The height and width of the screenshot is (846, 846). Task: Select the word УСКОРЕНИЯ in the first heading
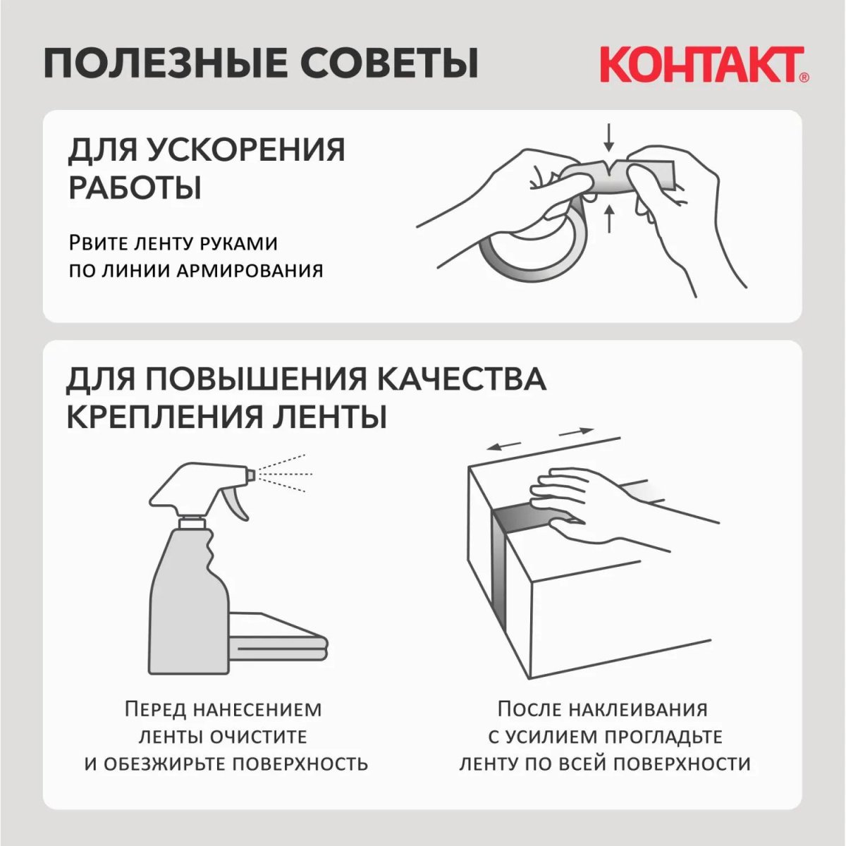coord(246,150)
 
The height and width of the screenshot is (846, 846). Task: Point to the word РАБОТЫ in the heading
coord(135,188)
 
